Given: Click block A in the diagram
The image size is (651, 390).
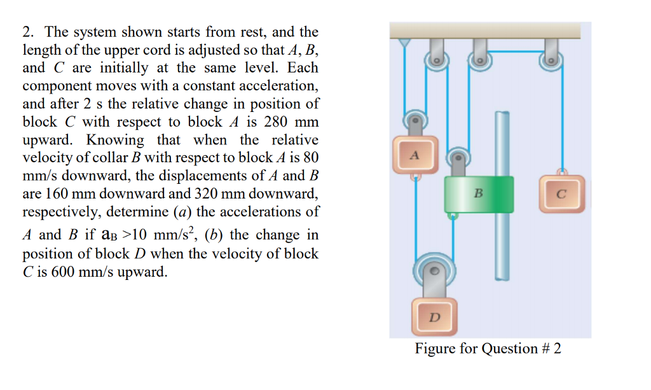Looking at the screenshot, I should pos(415,155).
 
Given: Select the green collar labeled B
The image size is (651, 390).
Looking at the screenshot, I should pos(478,194).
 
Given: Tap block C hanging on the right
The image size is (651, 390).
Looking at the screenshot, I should pos(560,194).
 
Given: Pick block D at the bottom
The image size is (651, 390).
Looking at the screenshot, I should pos(434,316).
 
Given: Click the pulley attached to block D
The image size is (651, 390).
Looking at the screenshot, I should pos(434,272).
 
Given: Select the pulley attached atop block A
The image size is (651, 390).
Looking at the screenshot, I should pos(415,120).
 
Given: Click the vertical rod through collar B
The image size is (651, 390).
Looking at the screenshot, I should pos(502,248).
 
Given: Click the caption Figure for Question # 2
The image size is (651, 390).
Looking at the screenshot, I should pos(488,349).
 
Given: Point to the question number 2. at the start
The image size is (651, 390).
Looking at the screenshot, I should pos(28,32).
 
